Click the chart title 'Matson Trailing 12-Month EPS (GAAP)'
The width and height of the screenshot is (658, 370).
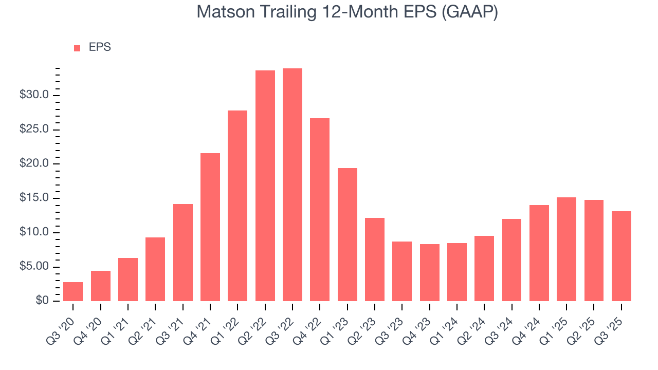coord(347,12)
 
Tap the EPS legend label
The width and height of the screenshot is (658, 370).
coord(100,47)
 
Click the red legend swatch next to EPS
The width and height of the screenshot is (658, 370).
coord(77,48)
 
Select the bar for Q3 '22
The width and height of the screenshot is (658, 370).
coord(293,185)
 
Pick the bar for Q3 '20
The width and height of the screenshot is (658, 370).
coord(73,291)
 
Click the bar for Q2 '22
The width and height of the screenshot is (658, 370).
coord(265,186)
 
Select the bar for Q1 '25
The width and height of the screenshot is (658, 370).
coord(566,249)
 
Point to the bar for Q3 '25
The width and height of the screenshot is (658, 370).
coord(621,256)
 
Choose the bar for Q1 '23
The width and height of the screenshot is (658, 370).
coord(347,234)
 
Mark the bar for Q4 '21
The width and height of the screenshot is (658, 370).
coord(210,227)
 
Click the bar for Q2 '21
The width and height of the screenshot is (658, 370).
coord(155,269)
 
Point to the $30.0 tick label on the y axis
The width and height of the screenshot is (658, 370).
coord(34,95)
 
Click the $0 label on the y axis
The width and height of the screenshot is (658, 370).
coord(42,301)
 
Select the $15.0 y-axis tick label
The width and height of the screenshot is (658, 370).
coord(34,198)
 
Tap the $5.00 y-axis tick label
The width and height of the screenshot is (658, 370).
coord(34,267)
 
